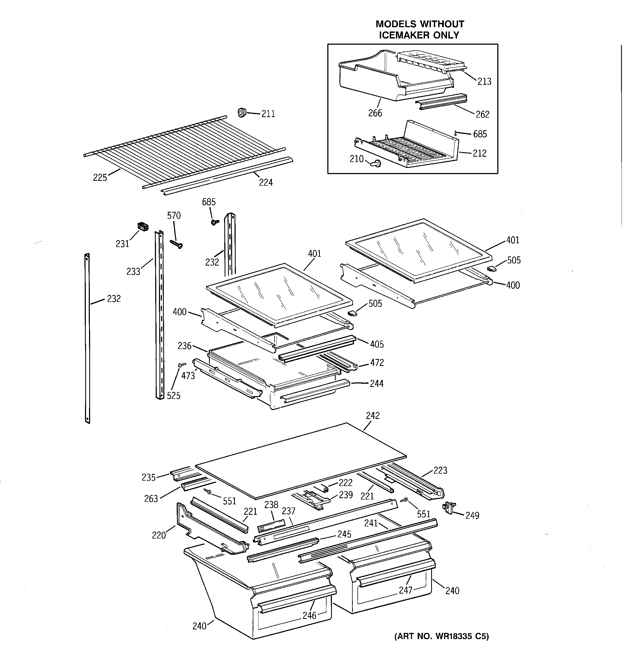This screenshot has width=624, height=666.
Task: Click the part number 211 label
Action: pos(268,114)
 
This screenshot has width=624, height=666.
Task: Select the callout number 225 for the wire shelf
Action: pos(100,178)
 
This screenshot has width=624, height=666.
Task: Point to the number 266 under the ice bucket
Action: pos(375,113)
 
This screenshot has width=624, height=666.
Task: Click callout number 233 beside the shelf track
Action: pos(133,271)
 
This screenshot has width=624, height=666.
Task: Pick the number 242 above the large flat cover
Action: pos(373,416)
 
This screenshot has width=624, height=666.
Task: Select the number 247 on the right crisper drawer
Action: pos(405,590)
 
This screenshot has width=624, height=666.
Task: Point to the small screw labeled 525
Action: pos(183,365)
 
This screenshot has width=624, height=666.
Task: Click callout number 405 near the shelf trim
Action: pos(377,344)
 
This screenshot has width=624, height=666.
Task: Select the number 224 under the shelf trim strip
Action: pos(266,183)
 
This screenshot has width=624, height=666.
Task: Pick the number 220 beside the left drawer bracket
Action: pos(159,535)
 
